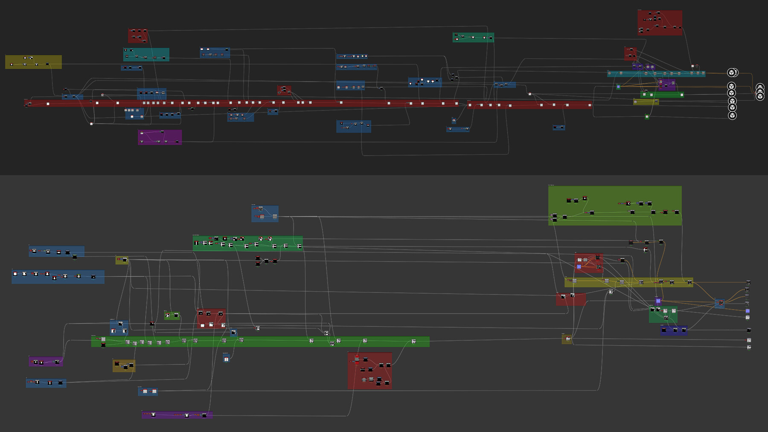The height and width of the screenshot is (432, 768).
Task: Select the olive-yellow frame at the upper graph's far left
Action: click(x=33, y=62)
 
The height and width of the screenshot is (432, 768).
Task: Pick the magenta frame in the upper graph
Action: click(x=160, y=137)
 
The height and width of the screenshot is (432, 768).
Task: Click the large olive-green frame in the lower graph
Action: click(x=614, y=206)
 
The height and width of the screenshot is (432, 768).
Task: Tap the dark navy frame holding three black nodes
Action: click(x=674, y=331)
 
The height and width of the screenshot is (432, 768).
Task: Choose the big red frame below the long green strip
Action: click(x=370, y=371)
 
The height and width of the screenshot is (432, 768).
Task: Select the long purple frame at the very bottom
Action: click(x=177, y=415)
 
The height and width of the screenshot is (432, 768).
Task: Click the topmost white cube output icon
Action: click(x=732, y=72)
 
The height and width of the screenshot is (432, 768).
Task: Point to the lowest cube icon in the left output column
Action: click(x=732, y=116)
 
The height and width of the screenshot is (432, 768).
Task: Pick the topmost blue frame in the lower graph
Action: click(x=265, y=214)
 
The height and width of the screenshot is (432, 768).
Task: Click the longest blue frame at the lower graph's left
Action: click(x=58, y=277)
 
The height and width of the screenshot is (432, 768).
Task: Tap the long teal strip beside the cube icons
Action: click(x=656, y=74)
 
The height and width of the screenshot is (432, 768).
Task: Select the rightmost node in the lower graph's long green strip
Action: click(x=413, y=341)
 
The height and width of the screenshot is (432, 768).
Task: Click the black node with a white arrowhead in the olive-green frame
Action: click(x=628, y=203)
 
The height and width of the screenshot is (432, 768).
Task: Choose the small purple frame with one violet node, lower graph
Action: click(x=658, y=301)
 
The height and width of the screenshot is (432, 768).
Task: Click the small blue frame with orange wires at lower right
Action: click(x=720, y=303)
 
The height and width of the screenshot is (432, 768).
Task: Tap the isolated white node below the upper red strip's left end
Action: click(x=91, y=124)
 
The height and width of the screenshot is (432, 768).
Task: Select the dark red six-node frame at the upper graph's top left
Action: click(x=137, y=36)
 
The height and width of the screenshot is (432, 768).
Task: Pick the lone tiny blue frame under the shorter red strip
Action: click(x=559, y=128)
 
